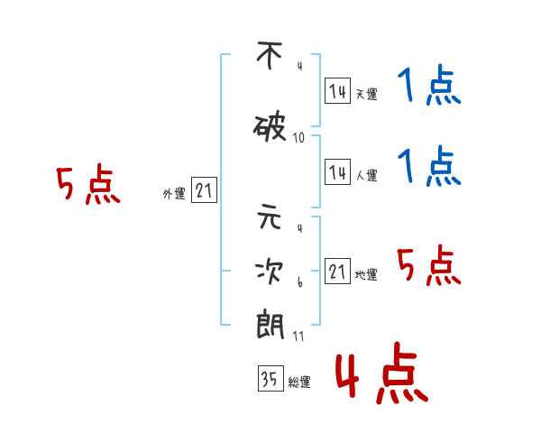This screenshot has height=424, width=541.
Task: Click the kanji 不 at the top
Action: (270, 55)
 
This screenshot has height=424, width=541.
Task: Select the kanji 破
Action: (270, 128)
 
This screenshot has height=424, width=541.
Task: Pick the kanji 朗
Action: (270, 325)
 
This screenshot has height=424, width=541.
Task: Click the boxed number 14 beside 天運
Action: (337, 91)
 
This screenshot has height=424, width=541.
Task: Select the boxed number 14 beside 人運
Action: (337, 171)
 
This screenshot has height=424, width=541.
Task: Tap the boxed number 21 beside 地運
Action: (337, 271)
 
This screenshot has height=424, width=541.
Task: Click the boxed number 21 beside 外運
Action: (204, 190)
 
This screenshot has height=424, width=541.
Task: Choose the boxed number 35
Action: (270, 378)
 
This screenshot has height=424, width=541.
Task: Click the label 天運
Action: (367, 94)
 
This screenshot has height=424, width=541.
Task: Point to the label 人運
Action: (367, 175)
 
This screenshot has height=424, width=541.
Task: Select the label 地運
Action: (366, 275)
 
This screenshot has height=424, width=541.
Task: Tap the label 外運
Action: (174, 194)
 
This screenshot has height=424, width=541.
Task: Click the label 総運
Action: (299, 382)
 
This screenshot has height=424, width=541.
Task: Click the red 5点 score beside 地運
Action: (428, 265)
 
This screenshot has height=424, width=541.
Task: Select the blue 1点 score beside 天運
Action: (429, 85)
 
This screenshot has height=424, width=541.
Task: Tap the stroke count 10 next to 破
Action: (298, 138)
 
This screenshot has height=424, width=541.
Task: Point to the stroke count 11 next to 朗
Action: (298, 336)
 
